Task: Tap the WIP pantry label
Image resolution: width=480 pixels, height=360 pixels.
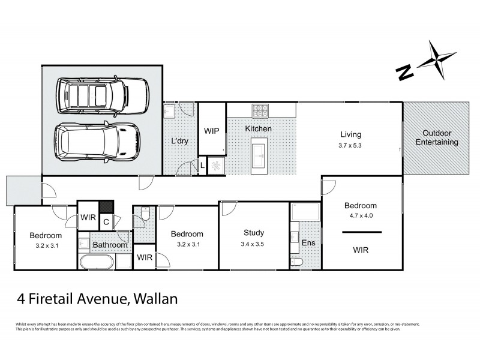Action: point(211,131)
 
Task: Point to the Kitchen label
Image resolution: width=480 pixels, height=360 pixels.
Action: point(258,129)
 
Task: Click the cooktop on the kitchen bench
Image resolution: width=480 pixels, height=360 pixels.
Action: point(261,110)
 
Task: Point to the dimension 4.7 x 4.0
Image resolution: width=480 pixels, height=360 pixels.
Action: point(361,215)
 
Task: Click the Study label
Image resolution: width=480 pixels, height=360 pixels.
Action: point(254,233)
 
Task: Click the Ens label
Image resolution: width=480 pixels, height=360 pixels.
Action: point(307,244)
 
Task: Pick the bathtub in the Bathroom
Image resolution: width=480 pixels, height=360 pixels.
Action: point(97,262)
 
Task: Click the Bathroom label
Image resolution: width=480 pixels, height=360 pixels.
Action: point(109,245)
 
